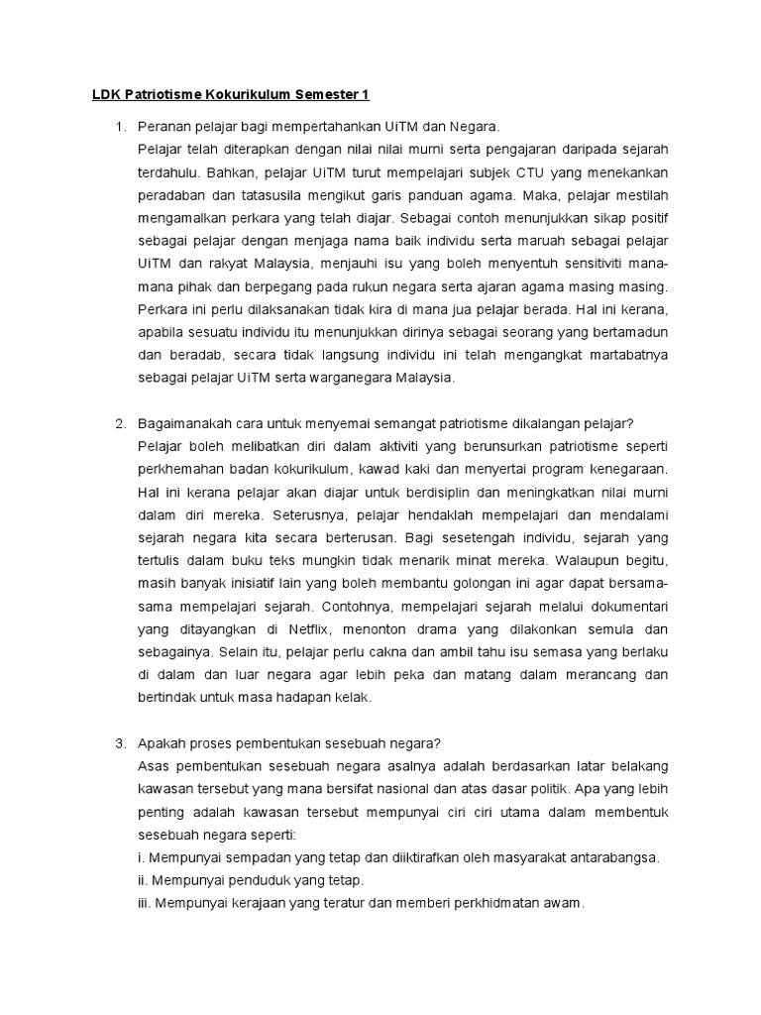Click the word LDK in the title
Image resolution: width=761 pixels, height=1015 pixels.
(95, 95)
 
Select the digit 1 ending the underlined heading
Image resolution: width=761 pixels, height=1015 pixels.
(365, 95)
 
